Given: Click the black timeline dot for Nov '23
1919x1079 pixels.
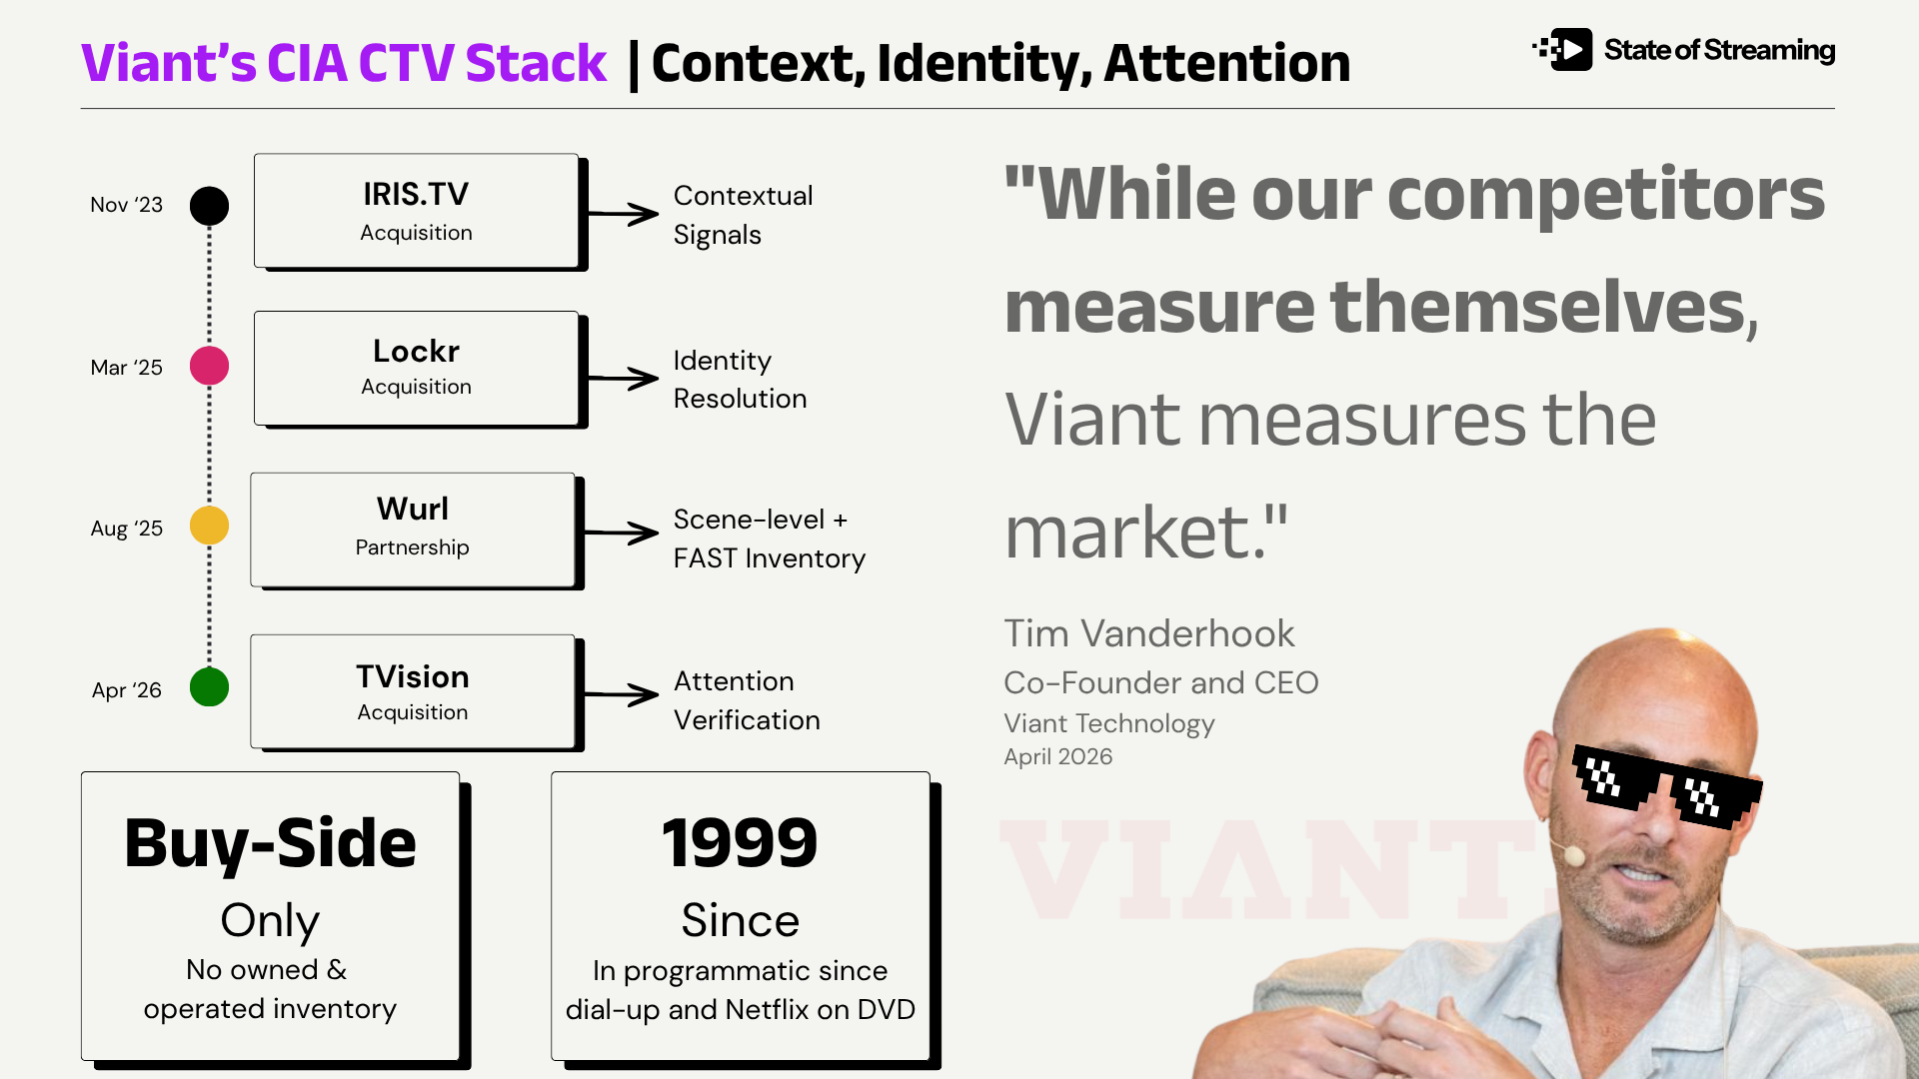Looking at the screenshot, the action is click(x=209, y=206).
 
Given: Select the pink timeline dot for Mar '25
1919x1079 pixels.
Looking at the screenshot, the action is click(x=209, y=366).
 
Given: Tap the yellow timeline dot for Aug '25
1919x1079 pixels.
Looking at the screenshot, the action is click(x=209, y=526).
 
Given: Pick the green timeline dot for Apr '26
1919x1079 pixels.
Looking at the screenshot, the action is click(x=209, y=687).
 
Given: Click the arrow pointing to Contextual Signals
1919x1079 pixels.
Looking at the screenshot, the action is click(x=623, y=213).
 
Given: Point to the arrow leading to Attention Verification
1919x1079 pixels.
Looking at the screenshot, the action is click(x=621, y=693).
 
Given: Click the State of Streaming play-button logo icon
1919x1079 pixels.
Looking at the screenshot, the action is click(x=1563, y=49).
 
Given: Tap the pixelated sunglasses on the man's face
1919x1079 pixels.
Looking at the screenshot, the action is click(x=1666, y=787).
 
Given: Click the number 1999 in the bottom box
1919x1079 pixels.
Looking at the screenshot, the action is click(x=740, y=842).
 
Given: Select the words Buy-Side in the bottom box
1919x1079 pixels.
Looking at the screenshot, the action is click(x=270, y=844).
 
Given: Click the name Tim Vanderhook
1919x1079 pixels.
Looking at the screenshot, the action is click(x=1148, y=633).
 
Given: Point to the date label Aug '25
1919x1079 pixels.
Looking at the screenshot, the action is click(x=126, y=529).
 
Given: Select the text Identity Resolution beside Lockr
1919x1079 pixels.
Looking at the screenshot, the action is click(x=740, y=380).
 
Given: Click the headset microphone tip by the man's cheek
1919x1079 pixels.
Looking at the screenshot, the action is click(x=1574, y=855).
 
